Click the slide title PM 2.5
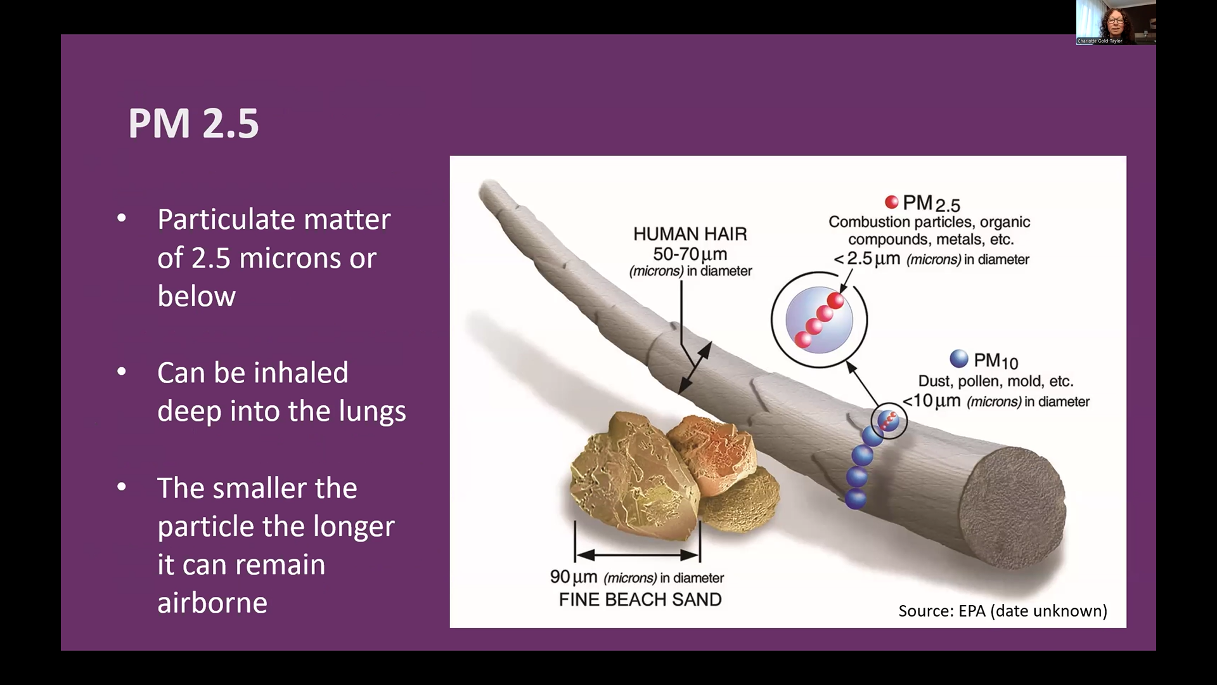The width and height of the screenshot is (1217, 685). coord(193,123)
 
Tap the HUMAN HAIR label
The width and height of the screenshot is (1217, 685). coord(690,234)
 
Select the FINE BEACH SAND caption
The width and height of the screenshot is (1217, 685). coord(640,599)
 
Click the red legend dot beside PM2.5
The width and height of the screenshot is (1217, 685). coord(891,202)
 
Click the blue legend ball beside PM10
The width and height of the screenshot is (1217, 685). coord(959,358)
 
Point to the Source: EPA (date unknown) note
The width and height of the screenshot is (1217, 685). coord(1003,611)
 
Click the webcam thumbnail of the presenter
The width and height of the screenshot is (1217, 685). coord(1116,22)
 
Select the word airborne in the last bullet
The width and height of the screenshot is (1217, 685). coord(212,603)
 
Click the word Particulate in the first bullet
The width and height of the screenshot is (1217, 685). coord(226,219)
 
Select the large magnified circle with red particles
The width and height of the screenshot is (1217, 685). coord(819,320)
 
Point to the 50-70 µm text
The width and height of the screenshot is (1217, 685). coord(690,254)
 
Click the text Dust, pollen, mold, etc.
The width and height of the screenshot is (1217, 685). coord(996,381)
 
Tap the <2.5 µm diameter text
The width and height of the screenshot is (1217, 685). coord(931,259)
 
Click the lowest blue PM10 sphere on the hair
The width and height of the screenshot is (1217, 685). coord(856,499)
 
